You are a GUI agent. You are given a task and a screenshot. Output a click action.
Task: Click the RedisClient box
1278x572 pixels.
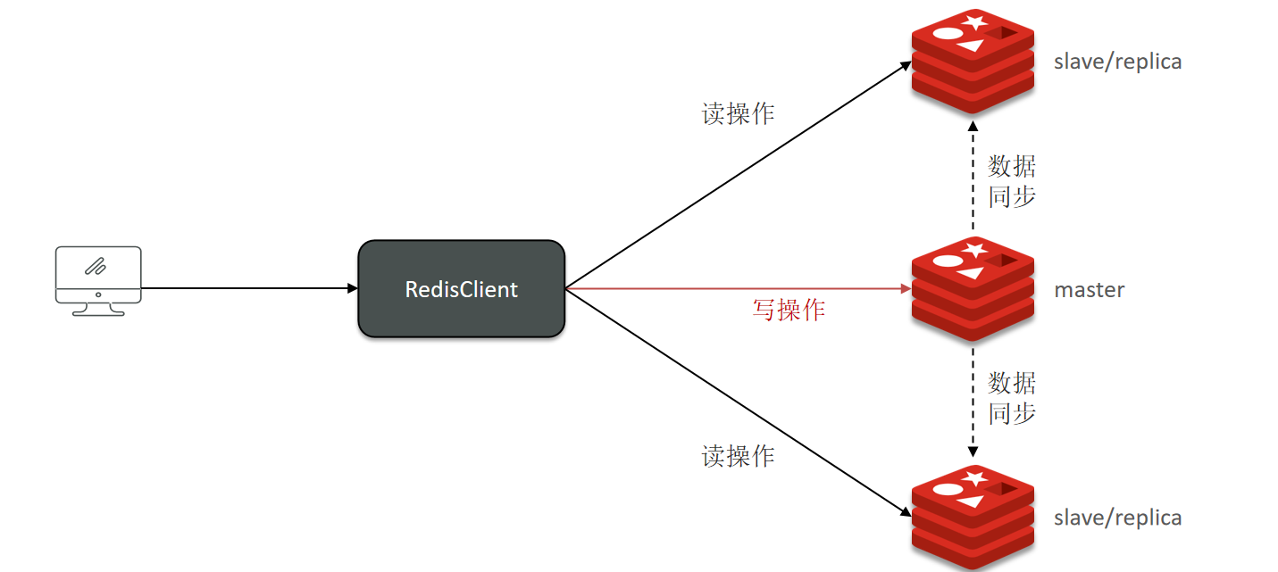(x=461, y=289)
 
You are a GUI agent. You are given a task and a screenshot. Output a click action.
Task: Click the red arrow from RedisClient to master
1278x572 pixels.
(x=732, y=288)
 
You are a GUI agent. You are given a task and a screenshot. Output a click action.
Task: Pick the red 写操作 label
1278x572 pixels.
(x=789, y=311)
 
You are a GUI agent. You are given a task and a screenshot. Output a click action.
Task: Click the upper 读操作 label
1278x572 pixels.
(x=738, y=113)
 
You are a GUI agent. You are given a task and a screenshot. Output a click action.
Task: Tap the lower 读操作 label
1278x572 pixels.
(x=738, y=457)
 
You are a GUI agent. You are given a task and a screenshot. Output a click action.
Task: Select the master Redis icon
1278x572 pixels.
(x=973, y=288)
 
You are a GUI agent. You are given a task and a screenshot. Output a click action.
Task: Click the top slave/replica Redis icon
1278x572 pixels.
(x=973, y=61)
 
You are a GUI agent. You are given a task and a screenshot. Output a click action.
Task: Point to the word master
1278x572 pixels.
(x=1090, y=290)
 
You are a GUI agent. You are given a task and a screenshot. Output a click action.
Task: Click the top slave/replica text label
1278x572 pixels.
(x=1117, y=62)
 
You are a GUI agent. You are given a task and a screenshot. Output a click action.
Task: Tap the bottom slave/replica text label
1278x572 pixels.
(x=1117, y=518)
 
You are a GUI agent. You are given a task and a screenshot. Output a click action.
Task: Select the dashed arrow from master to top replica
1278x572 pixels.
(x=973, y=178)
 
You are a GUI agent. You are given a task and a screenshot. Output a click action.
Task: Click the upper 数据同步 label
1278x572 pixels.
(x=1012, y=181)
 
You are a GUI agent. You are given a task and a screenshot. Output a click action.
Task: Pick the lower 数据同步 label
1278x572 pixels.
(x=1012, y=398)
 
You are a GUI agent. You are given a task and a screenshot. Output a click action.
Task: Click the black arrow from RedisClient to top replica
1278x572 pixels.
(x=732, y=178)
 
